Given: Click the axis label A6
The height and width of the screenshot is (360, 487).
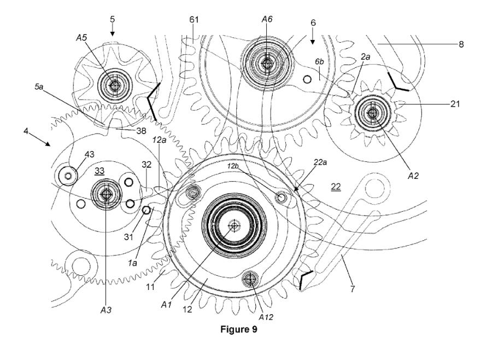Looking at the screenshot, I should [x=266, y=19].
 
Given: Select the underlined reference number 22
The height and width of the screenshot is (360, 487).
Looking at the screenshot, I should [x=336, y=187].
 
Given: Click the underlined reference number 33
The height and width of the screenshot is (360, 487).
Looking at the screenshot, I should [x=99, y=171].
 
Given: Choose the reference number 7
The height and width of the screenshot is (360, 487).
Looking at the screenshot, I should [x=353, y=288].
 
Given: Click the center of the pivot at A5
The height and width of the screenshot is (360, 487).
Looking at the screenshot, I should [x=114, y=85].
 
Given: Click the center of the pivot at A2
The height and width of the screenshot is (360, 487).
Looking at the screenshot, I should [x=373, y=114].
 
